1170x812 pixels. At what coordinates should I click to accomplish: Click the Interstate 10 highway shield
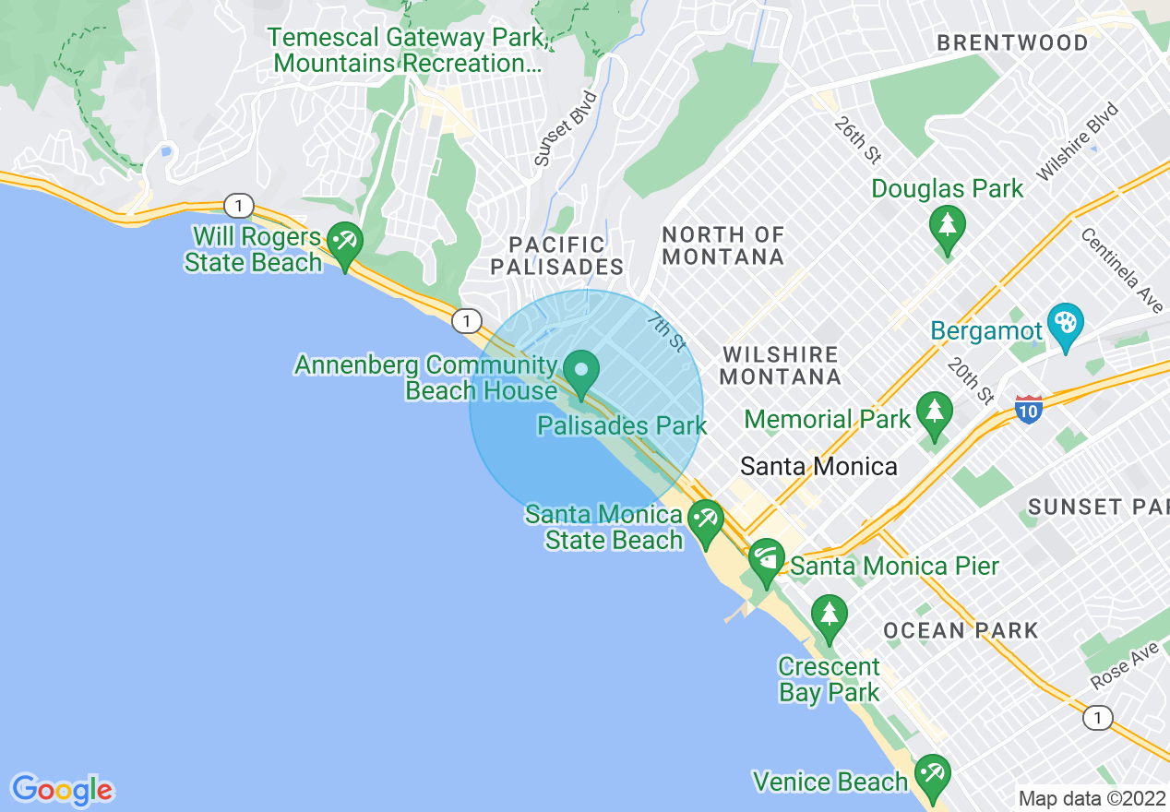point(1029,409)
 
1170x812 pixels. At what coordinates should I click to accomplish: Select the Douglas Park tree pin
point(947,226)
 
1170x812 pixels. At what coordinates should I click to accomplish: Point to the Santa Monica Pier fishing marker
point(766,560)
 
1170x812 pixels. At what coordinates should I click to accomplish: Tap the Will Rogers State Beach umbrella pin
point(346,245)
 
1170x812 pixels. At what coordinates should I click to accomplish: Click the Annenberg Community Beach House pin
point(581,372)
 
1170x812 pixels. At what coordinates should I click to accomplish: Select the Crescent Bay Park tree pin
point(829,615)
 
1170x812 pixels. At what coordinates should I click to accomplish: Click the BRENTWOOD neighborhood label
point(1012,43)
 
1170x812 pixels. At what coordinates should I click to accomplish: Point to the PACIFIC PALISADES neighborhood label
point(557,256)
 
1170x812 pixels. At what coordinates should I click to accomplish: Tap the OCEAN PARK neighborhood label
point(961,631)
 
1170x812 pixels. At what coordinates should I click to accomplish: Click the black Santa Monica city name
point(818,466)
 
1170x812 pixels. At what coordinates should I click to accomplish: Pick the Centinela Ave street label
point(1121,269)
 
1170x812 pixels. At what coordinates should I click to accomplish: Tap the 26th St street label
point(857,139)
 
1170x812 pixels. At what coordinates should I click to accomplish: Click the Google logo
point(62,790)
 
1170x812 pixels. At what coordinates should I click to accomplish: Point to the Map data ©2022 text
point(1090,798)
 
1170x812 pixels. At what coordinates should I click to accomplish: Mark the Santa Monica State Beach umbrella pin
point(707,521)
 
